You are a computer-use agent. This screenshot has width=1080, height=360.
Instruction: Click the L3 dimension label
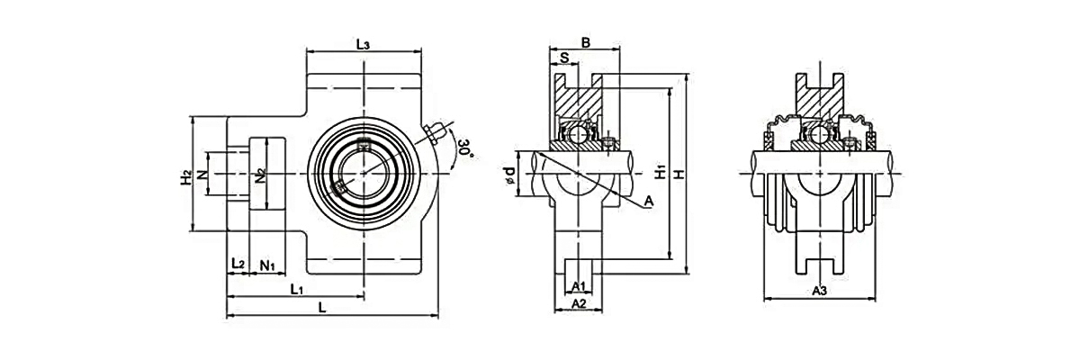pos(364,43)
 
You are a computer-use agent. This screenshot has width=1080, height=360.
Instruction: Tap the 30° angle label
pos(464,148)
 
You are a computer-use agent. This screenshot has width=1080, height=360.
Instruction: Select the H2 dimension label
pos(185,176)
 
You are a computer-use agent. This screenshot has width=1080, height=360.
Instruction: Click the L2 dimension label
pos(238,263)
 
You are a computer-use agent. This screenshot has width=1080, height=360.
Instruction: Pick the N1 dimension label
pos(268,264)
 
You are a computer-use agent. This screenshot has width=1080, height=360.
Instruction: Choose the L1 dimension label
pos(297,289)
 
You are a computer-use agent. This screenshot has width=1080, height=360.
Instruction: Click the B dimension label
pos(585,41)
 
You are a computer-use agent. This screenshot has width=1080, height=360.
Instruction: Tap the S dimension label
pos(564,58)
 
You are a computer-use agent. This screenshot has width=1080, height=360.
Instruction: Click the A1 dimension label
pos(580,286)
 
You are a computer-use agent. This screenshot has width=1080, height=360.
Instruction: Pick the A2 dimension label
pos(580,305)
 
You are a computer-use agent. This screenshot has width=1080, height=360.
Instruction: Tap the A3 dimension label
pos(819,291)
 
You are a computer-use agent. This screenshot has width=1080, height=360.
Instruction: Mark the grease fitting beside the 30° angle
pos(436,132)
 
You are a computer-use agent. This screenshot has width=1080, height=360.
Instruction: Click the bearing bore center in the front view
pos(364,171)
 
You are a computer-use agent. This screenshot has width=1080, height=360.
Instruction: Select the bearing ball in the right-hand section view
pos(819,136)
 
